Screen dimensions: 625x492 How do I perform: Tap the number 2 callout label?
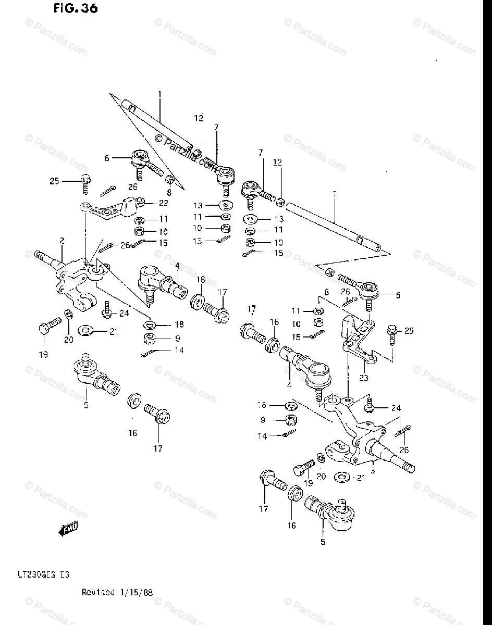pyautogui.click(x=62, y=241)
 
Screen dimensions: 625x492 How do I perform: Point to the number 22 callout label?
pyautogui.click(x=150, y=203)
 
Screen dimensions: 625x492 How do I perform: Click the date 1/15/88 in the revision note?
pyautogui.click(x=136, y=592)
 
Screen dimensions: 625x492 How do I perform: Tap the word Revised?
pyautogui.click(x=98, y=592)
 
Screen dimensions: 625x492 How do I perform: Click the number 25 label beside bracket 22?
pyautogui.click(x=55, y=181)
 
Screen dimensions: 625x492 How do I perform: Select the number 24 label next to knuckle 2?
pyautogui.click(x=124, y=313)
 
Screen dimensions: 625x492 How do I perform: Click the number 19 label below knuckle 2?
pyautogui.click(x=43, y=355)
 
